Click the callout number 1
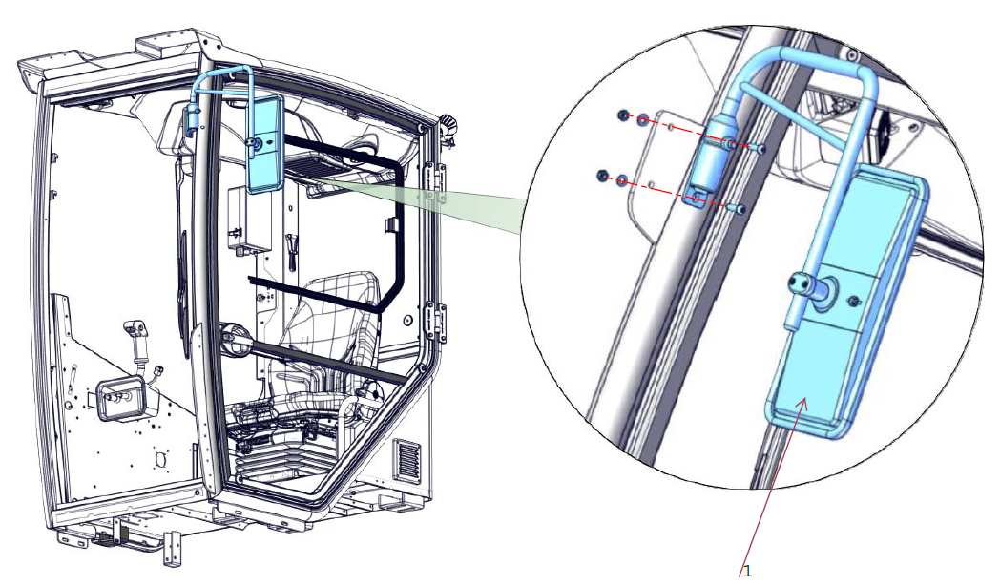pyautogui.click(x=748, y=570)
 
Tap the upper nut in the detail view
pyautogui.click(x=623, y=115)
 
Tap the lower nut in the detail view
pyautogui.click(x=601, y=175)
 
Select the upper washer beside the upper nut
pyautogui.click(x=642, y=118)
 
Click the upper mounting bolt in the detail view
pyautogui.click(x=759, y=149)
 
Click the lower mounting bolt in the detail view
pyautogui.click(x=740, y=208)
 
